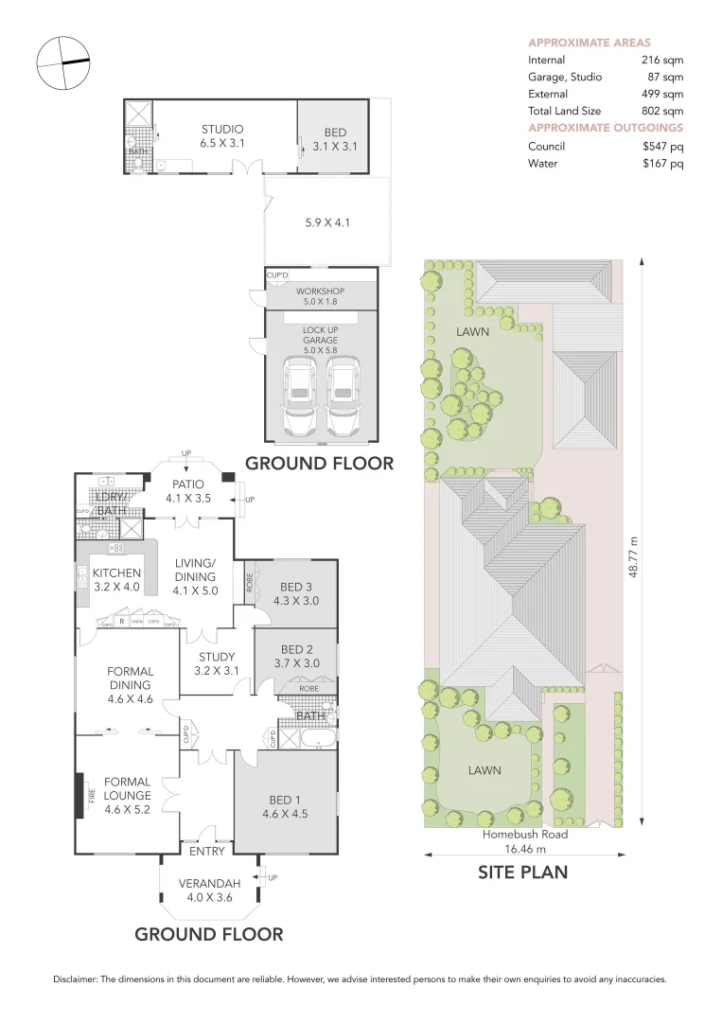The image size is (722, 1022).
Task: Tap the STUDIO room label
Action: click(221, 130)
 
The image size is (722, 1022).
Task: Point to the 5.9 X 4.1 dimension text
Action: click(326, 222)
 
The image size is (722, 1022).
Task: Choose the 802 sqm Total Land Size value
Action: click(661, 111)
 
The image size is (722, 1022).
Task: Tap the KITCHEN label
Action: click(116, 573)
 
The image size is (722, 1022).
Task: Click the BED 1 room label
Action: click(285, 799)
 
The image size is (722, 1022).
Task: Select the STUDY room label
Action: click(216, 657)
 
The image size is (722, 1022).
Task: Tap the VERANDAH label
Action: click(209, 884)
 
